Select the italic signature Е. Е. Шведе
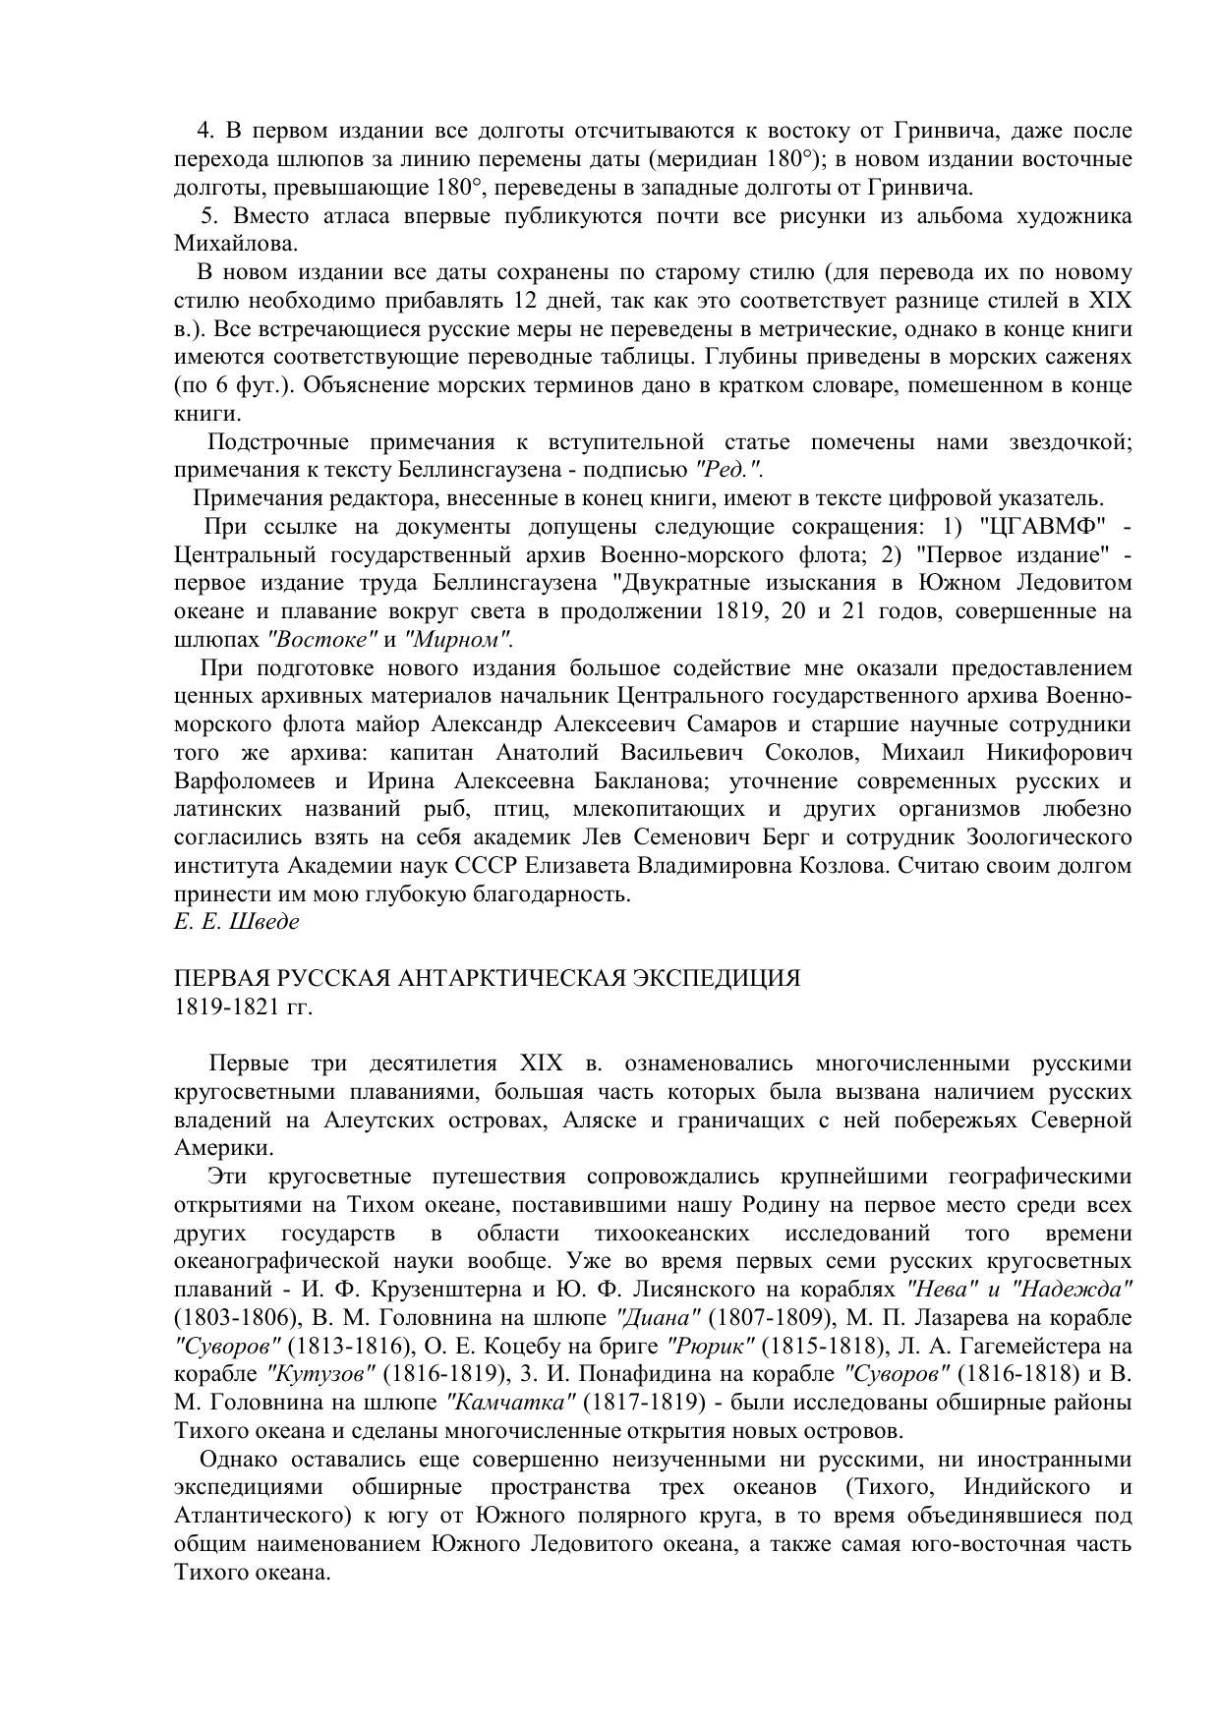pyautogui.click(x=236, y=922)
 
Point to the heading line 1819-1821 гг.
pyautogui.click(x=243, y=1007)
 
